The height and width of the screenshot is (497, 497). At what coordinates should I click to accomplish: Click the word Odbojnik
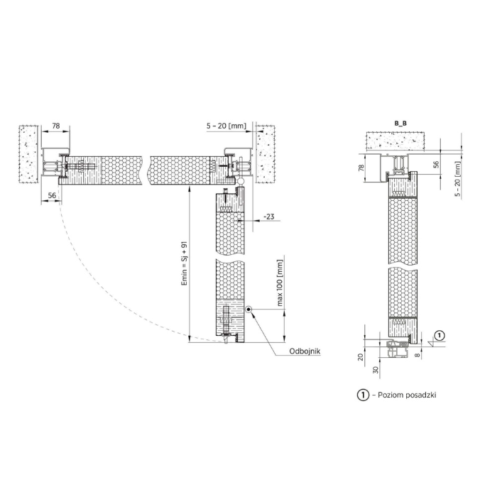point(305,351)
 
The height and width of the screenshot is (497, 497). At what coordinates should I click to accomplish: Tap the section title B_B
point(400,124)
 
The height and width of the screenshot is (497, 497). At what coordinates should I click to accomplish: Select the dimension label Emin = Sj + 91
point(185,264)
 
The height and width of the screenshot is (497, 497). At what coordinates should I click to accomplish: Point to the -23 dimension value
point(269,217)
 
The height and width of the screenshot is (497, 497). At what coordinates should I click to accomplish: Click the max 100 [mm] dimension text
point(280,283)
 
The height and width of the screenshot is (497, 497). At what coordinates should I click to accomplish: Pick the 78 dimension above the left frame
point(56,126)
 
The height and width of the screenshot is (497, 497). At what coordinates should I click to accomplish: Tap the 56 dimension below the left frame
point(52,195)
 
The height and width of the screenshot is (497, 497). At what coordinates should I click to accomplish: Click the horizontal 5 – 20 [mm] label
point(226,126)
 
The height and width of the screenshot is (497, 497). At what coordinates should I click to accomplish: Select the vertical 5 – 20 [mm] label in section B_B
point(457,179)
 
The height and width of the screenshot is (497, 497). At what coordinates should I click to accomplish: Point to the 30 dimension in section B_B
point(376,370)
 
